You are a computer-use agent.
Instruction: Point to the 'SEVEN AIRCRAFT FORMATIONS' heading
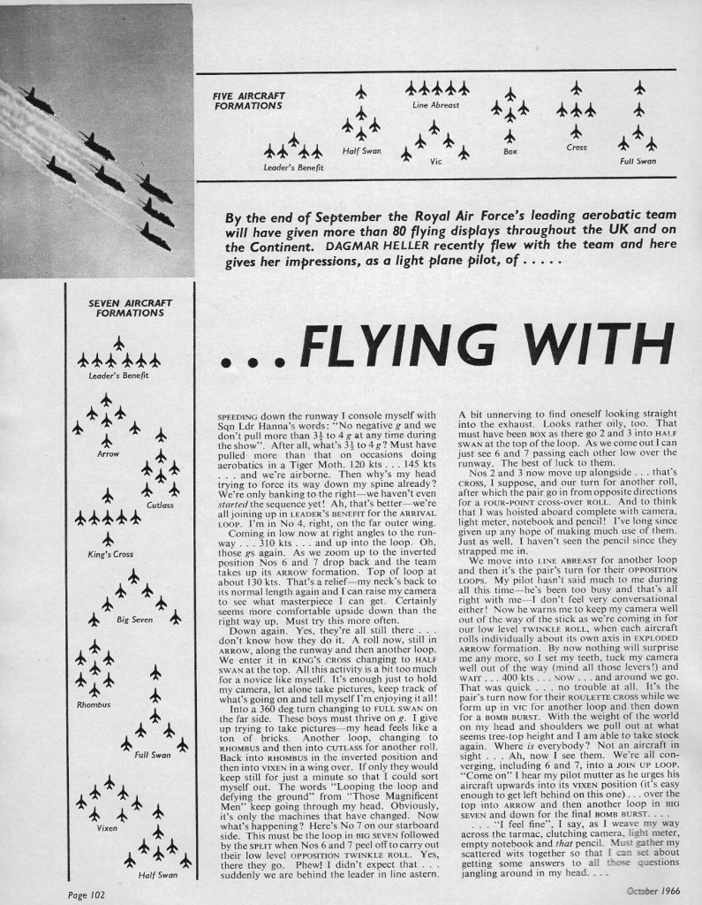click(x=117, y=308)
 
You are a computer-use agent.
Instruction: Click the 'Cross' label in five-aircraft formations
click(x=576, y=148)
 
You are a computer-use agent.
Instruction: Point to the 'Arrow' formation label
click(x=106, y=453)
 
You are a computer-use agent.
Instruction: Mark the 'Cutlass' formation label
click(x=161, y=505)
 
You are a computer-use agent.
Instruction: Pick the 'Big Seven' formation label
click(x=134, y=620)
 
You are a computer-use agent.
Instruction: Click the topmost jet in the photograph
click(x=37, y=100)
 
